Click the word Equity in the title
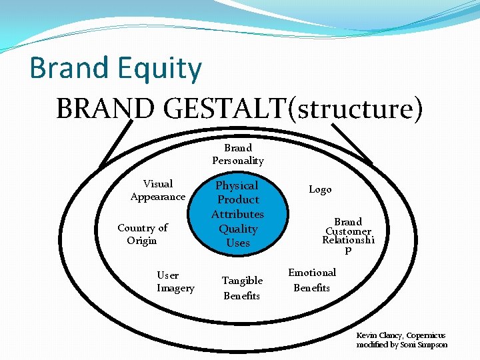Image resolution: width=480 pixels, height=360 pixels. pos(161,69)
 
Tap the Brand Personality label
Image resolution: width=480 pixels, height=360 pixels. pos(238,154)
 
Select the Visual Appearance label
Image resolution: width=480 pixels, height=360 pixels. pos(158,190)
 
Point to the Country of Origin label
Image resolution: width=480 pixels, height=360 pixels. pos(142,234)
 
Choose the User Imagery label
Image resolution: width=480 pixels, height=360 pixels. pos(175,281)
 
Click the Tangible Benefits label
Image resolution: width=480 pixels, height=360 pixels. pos(242,288)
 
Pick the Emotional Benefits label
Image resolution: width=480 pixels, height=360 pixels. pos(312,280)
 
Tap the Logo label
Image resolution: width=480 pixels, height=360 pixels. pos(320,189)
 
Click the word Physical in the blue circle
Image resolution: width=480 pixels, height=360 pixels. pos(237,185)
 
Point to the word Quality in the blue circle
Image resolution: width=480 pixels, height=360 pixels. pos(238,229)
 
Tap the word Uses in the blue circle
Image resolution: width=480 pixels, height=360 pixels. pos(238,243)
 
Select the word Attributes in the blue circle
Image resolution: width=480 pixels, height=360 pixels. pos(238,214)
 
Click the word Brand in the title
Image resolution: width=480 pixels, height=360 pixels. pos(69,69)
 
